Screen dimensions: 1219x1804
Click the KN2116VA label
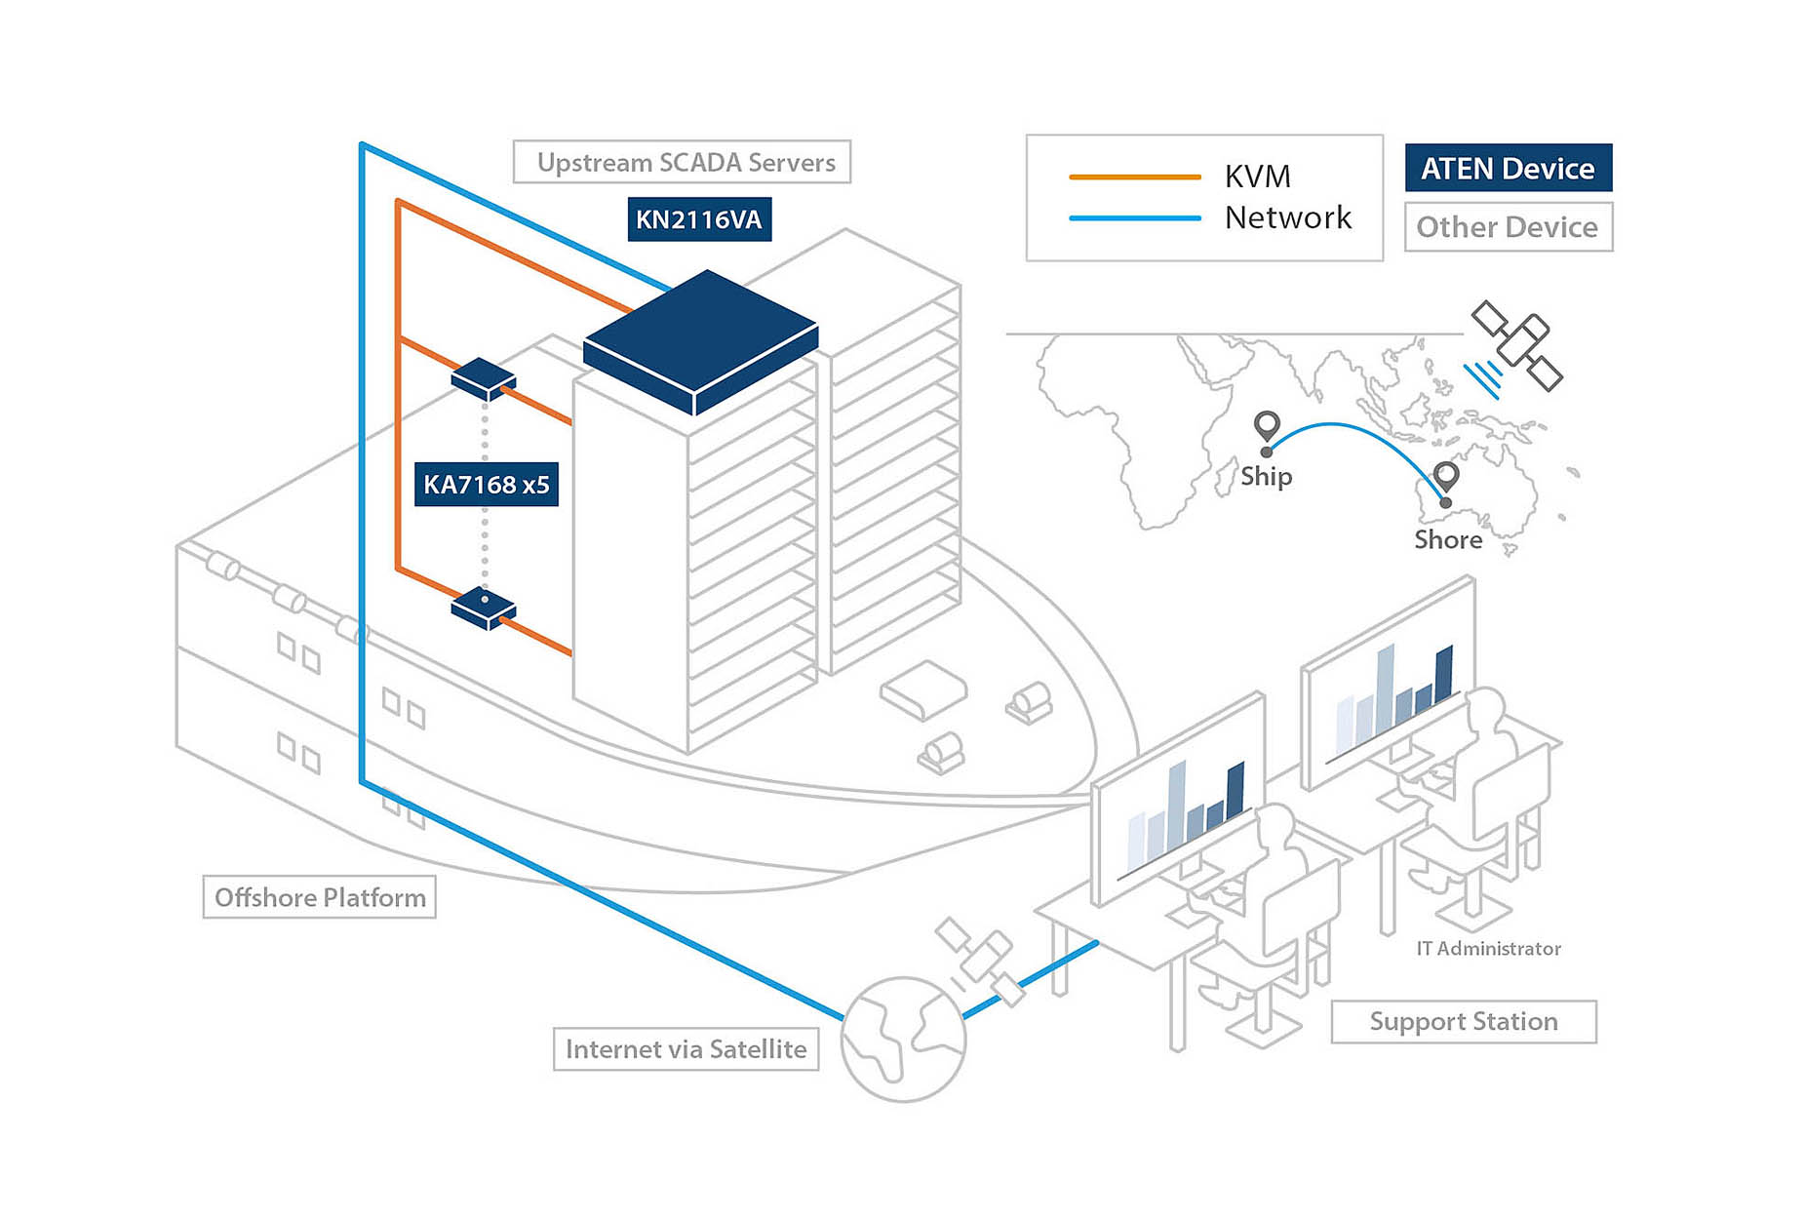coord(698,219)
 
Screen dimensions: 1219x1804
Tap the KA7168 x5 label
coord(486,485)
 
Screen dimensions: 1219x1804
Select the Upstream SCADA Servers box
coord(682,162)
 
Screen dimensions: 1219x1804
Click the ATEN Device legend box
coord(1508,169)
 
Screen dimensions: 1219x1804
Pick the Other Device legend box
coord(1508,227)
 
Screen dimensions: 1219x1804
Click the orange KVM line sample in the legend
coord(1134,177)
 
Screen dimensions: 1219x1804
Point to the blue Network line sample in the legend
coord(1134,218)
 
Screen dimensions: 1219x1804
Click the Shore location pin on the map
coord(1446,478)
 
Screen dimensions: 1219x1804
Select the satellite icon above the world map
coord(1516,345)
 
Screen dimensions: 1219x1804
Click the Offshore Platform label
coord(319,897)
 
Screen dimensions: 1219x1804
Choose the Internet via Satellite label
coord(686,1049)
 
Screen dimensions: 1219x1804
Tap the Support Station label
coord(1463,1022)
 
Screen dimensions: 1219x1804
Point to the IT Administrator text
coord(1488,949)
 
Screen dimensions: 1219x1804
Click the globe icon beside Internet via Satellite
coord(902,1040)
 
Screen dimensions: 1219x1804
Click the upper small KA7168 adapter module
coord(483,378)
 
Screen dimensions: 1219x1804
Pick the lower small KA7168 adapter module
coord(483,608)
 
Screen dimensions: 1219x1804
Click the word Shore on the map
coord(1448,540)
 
